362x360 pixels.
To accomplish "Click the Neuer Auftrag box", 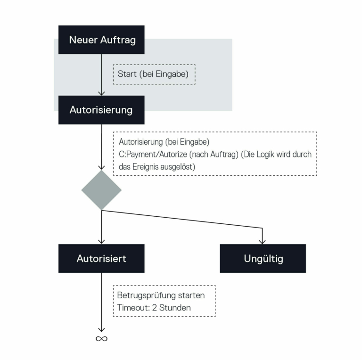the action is click(x=101, y=40).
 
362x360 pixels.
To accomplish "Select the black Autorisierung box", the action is click(x=101, y=110).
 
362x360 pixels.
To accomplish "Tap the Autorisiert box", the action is click(x=101, y=259).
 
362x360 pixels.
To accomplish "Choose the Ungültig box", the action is click(x=263, y=259).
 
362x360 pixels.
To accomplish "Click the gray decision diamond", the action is click(x=101, y=190).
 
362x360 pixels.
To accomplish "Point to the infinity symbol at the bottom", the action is click(x=102, y=338).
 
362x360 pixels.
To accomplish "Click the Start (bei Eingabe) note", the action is click(x=154, y=74).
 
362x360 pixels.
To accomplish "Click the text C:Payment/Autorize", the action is click(x=153, y=155).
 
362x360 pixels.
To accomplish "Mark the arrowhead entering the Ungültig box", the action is click(x=262, y=242).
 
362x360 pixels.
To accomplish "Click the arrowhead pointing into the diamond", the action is click(x=101, y=168).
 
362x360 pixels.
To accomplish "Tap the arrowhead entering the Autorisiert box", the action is click(x=101, y=242).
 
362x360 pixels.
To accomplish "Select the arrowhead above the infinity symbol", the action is click(x=101, y=330).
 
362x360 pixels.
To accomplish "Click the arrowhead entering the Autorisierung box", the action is click(x=101, y=93).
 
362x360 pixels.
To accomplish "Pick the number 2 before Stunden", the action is click(x=155, y=308).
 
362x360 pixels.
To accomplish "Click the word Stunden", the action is click(x=175, y=308).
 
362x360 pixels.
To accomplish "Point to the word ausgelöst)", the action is click(x=178, y=167).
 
